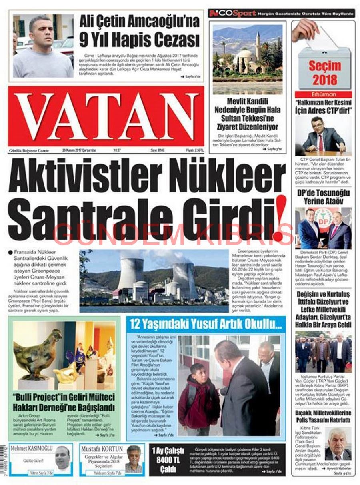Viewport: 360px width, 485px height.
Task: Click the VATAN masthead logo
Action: pyautogui.click(x=106, y=116)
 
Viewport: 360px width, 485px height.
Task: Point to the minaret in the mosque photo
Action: pyautogui.click(x=258, y=46)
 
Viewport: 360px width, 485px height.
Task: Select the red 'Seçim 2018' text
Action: pyautogui.click(x=324, y=72)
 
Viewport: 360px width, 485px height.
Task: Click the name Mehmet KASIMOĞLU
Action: pyautogui.click(x=32, y=448)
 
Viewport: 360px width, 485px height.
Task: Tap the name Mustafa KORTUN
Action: pyautogui.click(x=102, y=449)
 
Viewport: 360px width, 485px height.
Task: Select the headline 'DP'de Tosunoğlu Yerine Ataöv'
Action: pyautogui.click(x=324, y=197)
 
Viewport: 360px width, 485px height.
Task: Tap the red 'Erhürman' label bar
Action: pyautogui.click(x=324, y=95)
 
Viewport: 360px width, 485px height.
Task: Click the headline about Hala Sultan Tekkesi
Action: pyautogui.click(x=247, y=114)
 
